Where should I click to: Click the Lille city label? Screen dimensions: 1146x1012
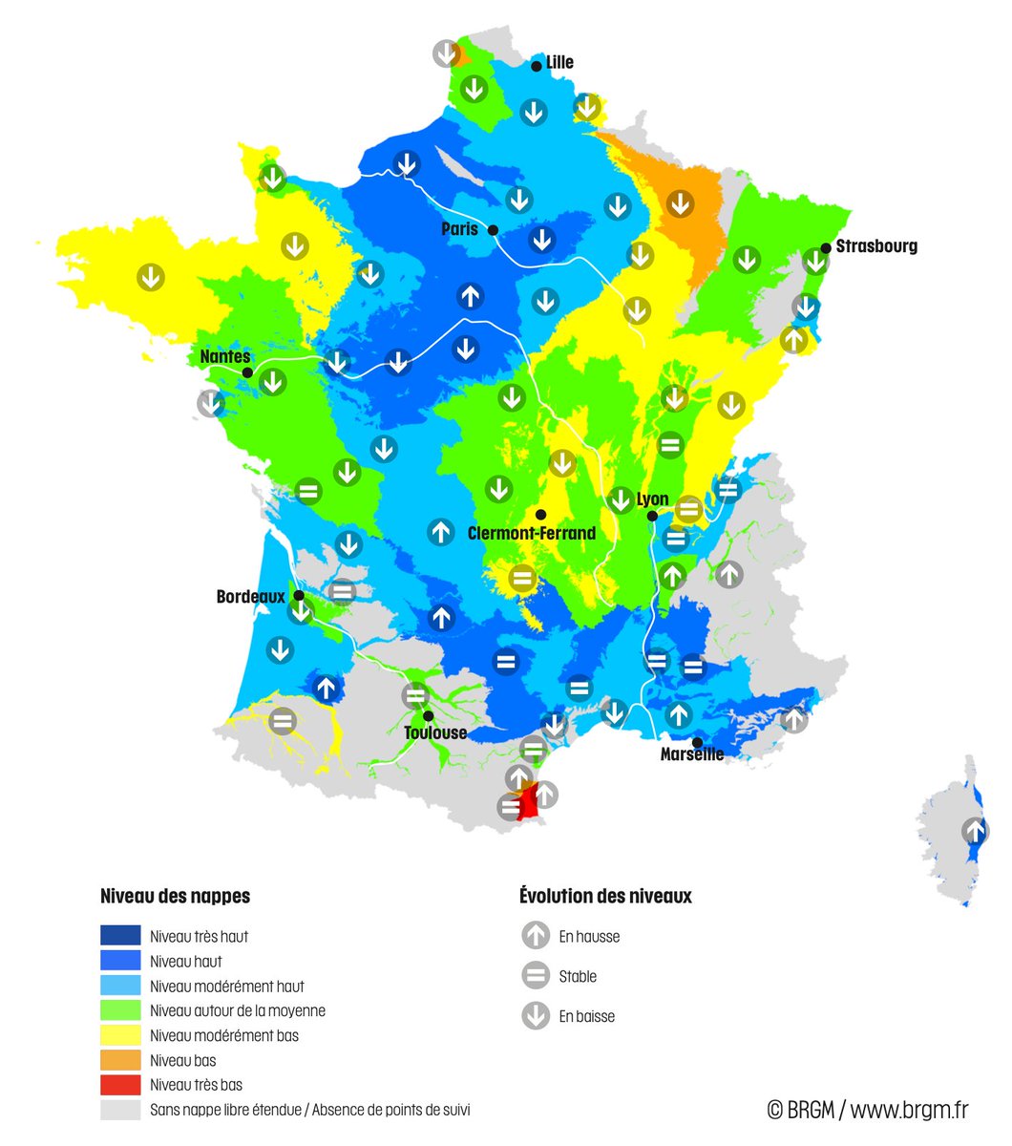click(559, 62)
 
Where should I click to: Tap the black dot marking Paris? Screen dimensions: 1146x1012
click(493, 230)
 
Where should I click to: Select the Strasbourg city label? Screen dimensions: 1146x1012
click(876, 245)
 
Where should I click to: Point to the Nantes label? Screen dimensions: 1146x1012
click(224, 356)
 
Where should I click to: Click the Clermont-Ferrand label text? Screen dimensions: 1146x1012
click(531, 533)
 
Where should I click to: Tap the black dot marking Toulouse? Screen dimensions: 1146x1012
click(429, 715)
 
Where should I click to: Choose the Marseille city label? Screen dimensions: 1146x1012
click(691, 754)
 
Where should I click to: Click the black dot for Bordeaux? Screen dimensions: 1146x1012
click(298, 595)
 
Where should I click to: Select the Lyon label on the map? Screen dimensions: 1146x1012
click(652, 499)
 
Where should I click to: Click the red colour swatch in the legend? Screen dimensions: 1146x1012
click(120, 1085)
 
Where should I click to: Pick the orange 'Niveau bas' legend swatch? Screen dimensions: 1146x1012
click(120, 1060)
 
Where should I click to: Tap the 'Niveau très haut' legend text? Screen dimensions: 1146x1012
click(199, 937)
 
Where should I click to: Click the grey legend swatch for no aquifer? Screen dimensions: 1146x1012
click(120, 1110)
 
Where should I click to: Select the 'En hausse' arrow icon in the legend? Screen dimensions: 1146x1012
click(536, 936)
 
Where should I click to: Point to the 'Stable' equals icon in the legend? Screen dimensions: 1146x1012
click(536, 976)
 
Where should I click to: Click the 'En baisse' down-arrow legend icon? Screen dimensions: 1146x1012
click(536, 1016)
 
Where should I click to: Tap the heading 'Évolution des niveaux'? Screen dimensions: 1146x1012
click(605, 896)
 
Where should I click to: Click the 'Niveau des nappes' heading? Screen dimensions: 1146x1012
click(175, 896)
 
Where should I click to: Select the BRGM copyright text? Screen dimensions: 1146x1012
click(867, 1110)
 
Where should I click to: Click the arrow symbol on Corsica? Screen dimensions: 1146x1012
click(975, 830)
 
